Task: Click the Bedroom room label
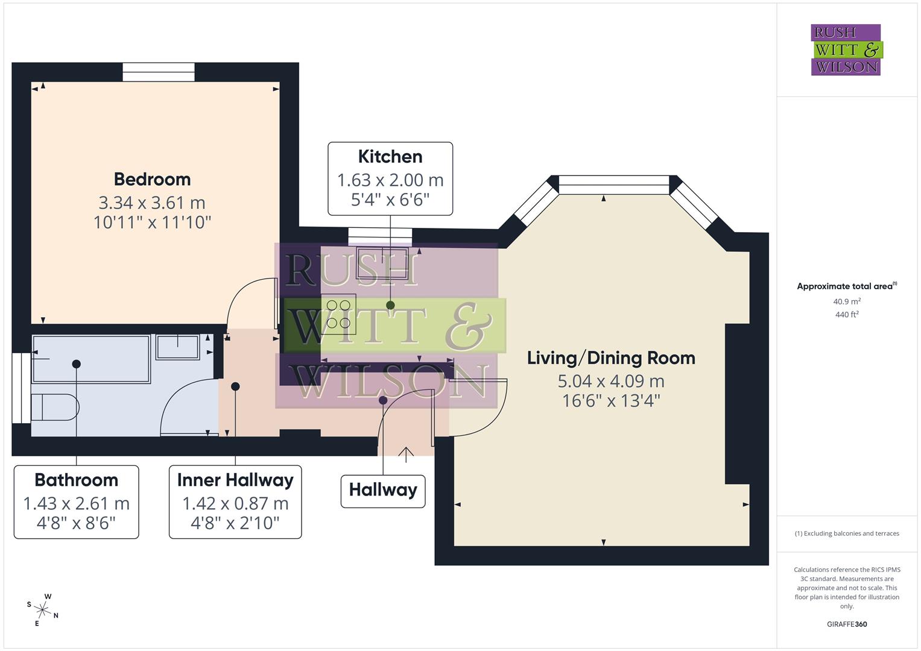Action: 152,179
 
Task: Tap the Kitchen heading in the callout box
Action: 390,157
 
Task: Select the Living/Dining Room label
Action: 611,358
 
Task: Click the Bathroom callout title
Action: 76,480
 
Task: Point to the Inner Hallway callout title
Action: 235,480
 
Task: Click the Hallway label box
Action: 383,490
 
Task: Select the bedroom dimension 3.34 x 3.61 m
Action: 152,203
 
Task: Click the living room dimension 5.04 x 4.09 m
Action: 611,381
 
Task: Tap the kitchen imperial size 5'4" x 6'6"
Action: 390,200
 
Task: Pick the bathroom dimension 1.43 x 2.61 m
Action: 76,503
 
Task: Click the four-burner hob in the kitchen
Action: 338,314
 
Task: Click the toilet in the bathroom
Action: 54,407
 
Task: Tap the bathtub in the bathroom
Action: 90,359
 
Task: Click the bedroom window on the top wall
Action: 159,72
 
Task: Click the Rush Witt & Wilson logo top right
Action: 846,50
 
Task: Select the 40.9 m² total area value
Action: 846,301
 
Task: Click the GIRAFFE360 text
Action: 846,624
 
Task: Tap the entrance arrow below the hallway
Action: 406,454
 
